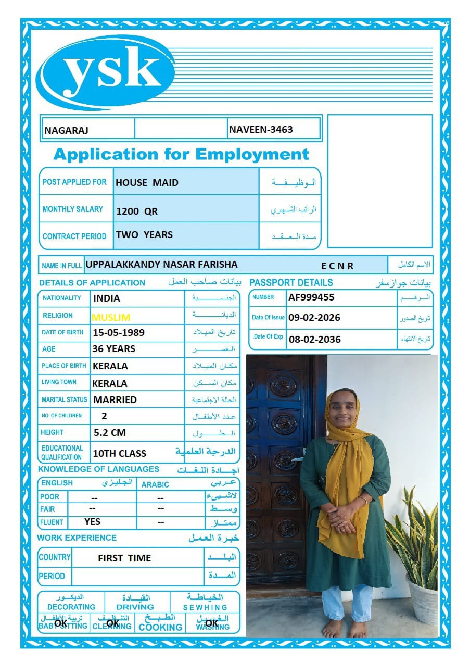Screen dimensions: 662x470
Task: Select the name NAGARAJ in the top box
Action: point(66,130)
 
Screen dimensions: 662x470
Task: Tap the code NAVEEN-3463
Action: point(261,129)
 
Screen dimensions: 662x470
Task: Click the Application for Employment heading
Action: point(181,154)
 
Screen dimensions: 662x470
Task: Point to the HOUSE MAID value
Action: point(147,183)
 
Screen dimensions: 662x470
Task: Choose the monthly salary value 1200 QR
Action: point(137,211)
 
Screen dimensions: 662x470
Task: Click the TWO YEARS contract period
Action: point(144,235)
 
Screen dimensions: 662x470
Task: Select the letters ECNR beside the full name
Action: point(337,266)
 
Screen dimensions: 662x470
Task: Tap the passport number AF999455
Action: point(311,297)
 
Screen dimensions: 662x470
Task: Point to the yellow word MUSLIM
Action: point(111,317)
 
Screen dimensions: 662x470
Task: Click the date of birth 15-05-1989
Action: point(119,332)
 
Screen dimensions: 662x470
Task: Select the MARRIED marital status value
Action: point(115,400)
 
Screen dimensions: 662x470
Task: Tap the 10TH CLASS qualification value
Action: point(119,454)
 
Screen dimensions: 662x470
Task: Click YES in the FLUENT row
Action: point(92,521)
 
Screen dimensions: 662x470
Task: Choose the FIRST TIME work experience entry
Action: point(124,558)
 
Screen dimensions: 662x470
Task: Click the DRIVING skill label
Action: point(135,607)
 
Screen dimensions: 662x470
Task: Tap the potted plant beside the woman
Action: point(414,547)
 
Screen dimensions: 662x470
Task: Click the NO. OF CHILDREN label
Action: point(61,416)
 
